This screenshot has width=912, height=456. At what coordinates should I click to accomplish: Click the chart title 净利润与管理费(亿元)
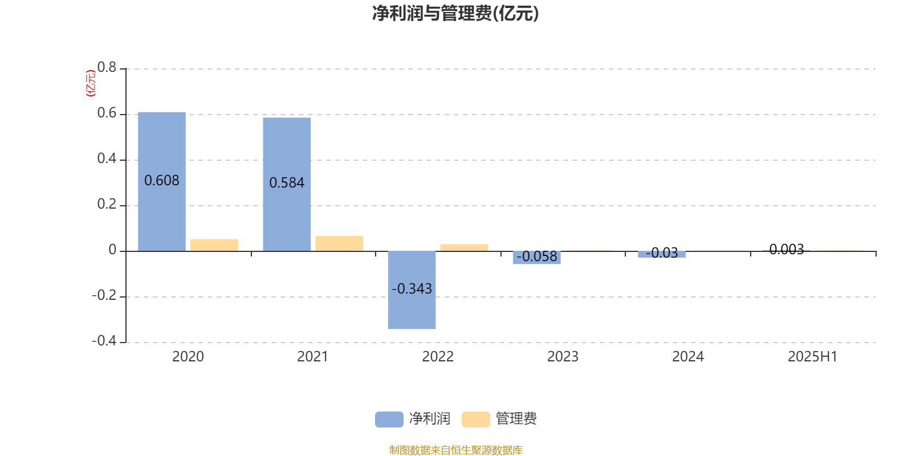[455, 14]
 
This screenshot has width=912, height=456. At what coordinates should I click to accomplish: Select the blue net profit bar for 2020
[162, 182]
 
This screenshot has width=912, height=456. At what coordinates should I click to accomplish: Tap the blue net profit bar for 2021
[287, 185]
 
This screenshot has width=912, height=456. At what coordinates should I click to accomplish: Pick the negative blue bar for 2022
[412, 290]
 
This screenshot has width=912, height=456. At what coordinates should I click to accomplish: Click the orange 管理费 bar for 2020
[214, 245]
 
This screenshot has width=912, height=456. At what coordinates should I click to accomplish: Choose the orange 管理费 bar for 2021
[339, 243]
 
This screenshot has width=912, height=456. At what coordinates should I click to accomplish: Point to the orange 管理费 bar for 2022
[464, 247]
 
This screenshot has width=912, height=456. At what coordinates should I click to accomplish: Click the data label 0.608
[162, 180]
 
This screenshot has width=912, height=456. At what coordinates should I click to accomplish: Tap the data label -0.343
[412, 288]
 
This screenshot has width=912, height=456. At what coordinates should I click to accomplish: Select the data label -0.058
[536, 256]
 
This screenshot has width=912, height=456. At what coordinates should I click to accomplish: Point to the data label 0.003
[787, 249]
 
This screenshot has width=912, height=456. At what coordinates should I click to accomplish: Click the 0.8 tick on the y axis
[107, 67]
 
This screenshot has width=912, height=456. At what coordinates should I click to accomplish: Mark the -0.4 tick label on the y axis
[104, 341]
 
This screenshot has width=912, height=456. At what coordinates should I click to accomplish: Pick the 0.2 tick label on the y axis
[107, 204]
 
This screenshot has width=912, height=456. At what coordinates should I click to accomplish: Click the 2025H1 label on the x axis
[813, 357]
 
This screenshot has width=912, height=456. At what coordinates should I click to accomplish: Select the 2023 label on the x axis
[563, 357]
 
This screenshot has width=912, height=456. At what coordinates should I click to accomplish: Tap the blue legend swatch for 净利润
[389, 420]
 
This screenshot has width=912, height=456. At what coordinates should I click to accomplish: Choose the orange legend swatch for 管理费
[475, 420]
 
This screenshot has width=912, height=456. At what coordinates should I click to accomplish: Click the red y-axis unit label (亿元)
[91, 83]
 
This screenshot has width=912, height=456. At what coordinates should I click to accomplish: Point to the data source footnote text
[455, 450]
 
